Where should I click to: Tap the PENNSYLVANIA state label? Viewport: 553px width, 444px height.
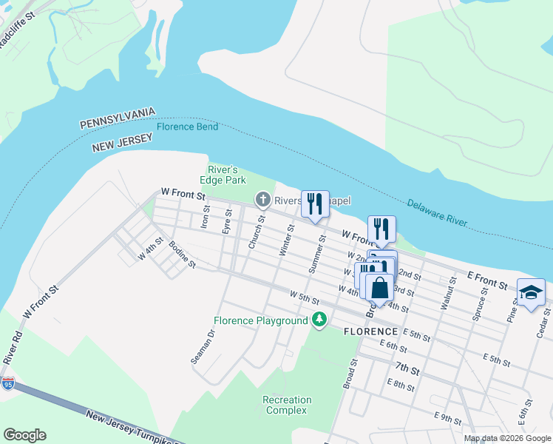coord(118,118)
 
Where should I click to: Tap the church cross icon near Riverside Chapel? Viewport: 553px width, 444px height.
coord(262,199)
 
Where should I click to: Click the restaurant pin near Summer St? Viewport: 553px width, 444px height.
coord(315,203)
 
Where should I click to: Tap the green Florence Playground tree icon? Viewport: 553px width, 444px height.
coord(319,320)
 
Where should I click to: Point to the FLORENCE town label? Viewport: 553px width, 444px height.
coord(371,332)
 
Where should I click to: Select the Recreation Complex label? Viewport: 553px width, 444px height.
coord(288,405)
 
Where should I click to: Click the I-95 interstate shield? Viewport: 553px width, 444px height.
coord(8,383)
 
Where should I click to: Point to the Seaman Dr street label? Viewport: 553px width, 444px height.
coord(202,347)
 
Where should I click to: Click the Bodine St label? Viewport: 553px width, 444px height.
coord(182,255)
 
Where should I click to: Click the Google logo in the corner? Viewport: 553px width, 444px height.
coord(24,435)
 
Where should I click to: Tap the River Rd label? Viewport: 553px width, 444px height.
coord(10,346)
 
